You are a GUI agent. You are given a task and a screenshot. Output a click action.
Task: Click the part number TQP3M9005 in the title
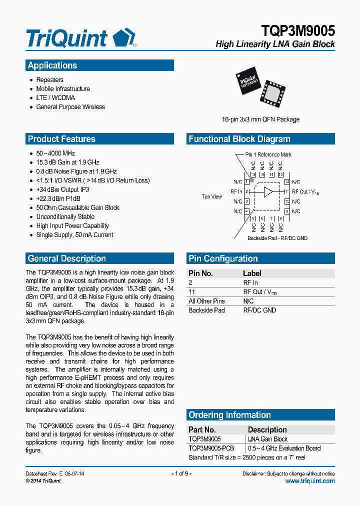click(298, 31)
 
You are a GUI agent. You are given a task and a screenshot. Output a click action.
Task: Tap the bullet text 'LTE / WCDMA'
click(55, 98)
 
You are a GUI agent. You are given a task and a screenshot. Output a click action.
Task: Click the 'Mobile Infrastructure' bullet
click(63, 89)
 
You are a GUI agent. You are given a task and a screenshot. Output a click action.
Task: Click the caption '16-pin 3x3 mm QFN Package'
click(260, 119)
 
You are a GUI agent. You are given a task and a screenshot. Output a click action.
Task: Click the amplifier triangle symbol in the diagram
click(268, 192)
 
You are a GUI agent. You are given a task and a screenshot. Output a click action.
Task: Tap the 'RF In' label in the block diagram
click(236, 192)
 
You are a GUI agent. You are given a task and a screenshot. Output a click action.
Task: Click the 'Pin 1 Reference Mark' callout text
click(268, 155)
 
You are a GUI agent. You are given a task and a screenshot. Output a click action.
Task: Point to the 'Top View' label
click(212, 196)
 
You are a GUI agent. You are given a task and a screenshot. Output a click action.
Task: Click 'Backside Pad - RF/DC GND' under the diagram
click(277, 238)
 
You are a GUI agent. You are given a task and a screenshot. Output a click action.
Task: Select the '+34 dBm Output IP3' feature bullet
click(62, 190)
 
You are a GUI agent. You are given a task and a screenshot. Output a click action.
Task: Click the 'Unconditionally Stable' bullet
click(65, 217)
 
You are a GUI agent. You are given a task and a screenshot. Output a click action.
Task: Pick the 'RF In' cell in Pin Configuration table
click(250, 283)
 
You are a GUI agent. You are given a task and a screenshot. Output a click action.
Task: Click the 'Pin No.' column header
click(200, 273)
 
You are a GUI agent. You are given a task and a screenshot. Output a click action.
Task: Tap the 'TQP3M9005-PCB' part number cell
click(211, 448)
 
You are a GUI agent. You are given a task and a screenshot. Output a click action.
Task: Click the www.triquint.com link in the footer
click(310, 481)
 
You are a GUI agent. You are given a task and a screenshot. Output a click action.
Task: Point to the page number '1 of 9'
click(181, 473)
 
